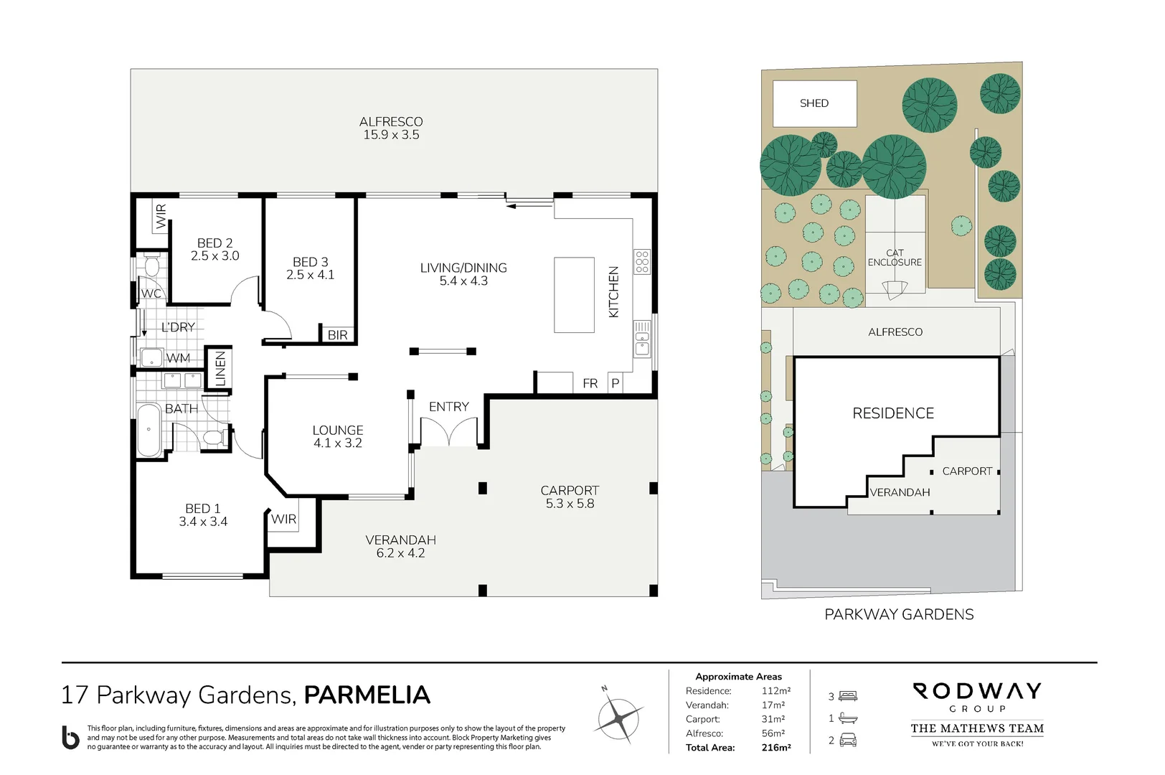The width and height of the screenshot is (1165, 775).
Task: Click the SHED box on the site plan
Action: point(814,103)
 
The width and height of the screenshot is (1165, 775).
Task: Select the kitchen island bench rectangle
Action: point(574,295)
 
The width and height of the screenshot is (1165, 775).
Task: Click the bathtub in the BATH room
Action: point(149,430)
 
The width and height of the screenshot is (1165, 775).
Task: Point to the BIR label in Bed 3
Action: point(337,335)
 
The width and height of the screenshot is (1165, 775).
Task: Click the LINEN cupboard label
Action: point(220,368)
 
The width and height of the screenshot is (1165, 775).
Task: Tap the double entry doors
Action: point(448,433)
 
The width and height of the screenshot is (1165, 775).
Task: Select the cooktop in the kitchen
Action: point(642,262)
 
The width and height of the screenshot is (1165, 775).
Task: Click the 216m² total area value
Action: point(775,748)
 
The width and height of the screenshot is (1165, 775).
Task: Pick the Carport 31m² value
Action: point(773,719)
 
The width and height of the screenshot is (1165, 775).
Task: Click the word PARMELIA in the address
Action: point(367,695)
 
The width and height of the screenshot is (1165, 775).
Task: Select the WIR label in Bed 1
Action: point(283,520)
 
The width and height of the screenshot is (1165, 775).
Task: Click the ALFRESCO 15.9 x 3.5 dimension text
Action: point(391,135)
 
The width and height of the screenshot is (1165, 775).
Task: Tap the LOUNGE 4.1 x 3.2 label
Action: point(337,436)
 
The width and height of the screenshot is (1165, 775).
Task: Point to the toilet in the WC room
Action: point(151,267)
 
